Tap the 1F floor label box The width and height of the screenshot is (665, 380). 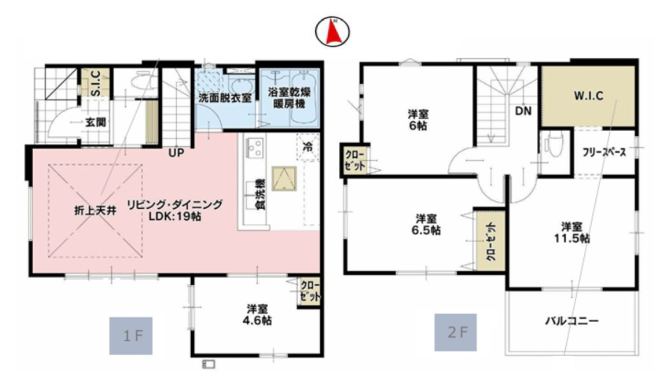131,336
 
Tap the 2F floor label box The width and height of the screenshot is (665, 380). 456,333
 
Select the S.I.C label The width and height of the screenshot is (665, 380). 95,84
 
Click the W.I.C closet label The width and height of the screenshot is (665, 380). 589,96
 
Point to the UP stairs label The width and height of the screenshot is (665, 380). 176,153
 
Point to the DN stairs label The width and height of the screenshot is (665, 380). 523,111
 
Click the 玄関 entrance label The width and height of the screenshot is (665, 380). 96,122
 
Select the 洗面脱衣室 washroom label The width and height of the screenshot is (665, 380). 225,98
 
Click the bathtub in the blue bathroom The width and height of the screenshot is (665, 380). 304,98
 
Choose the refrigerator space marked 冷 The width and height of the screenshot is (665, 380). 308,147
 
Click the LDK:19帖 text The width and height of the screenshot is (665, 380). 175,216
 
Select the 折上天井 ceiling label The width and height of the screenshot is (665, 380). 95,211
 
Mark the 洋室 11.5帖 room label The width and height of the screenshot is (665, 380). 572,233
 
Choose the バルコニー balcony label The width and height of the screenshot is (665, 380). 572,321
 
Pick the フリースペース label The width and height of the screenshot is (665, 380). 604,153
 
